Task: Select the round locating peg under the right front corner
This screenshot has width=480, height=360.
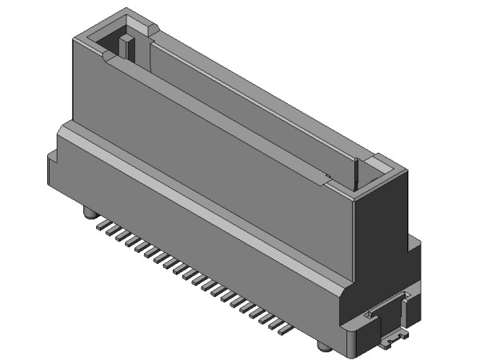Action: [322, 346]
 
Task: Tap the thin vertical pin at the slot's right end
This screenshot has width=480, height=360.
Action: [354, 174]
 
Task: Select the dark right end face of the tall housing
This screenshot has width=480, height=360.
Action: [380, 232]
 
